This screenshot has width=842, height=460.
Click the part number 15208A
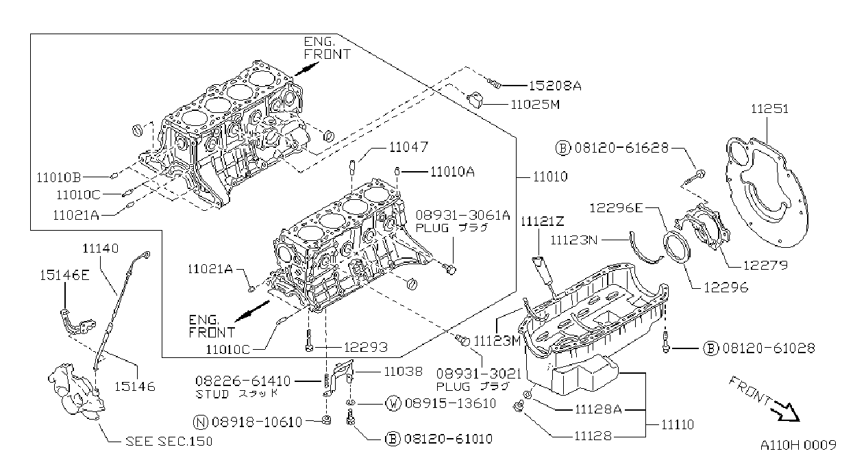point(555,86)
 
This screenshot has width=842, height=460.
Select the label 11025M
point(535,105)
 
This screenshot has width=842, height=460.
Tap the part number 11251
point(769,109)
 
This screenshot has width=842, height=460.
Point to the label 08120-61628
point(621,148)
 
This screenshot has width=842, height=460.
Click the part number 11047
point(408,147)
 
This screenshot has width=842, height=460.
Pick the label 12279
point(765,266)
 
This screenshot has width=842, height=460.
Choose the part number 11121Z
point(542,222)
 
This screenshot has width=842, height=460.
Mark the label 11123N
point(573,240)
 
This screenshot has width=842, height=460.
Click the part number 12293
point(365,347)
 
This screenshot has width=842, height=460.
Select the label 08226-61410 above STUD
point(243,381)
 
